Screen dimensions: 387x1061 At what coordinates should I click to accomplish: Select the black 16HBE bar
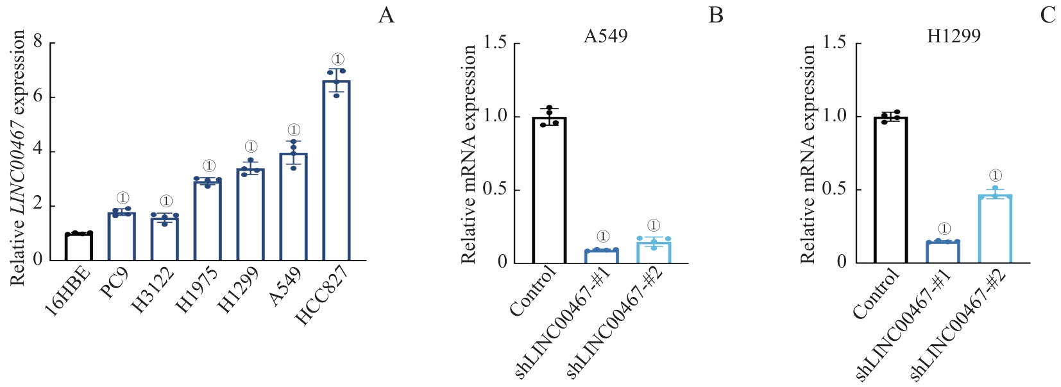79,246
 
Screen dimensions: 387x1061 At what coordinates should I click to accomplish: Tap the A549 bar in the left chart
293,207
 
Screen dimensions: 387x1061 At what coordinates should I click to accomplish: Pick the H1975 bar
207,221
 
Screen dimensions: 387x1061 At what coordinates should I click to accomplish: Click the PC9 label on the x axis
115,283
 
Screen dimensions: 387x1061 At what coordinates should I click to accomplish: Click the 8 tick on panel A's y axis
37,42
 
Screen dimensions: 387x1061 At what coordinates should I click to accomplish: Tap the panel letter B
715,15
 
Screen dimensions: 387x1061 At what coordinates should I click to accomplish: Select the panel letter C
1048,15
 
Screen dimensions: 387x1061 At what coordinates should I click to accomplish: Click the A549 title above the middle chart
605,36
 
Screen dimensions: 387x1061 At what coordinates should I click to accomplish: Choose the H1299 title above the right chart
953,36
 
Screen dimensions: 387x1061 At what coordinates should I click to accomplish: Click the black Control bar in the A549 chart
548,190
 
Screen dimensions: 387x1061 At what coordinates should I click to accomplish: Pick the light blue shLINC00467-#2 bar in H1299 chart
995,229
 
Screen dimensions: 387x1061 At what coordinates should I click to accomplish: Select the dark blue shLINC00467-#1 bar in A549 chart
601,256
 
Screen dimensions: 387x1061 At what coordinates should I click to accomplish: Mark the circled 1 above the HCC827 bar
337,60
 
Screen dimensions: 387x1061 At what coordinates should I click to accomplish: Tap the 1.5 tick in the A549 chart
494,43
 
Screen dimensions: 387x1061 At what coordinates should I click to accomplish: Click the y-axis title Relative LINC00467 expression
17,157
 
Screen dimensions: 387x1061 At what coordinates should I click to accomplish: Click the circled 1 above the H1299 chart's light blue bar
995,175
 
